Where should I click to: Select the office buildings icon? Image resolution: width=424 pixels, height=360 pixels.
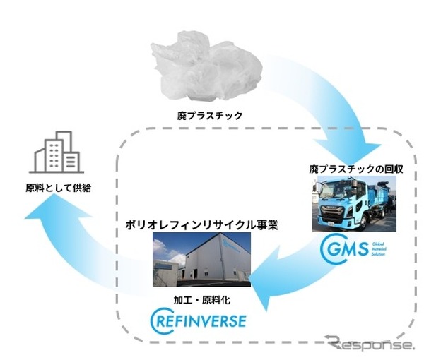pos(55,155)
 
